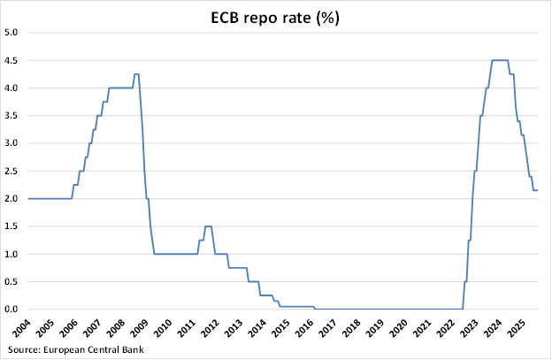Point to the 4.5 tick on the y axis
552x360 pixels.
coord(12,60)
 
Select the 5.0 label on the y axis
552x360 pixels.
coord(12,33)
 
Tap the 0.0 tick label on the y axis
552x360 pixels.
coord(12,310)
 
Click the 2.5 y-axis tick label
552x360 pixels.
coord(12,171)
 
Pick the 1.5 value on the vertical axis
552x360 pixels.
coord(12,226)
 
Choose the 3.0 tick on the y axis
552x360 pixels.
coord(12,143)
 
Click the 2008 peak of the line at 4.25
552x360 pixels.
coord(136,74)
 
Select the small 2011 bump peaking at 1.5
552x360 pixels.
coord(208,226)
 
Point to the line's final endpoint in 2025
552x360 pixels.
coord(538,190)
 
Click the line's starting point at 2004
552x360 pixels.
coord(29,198)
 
